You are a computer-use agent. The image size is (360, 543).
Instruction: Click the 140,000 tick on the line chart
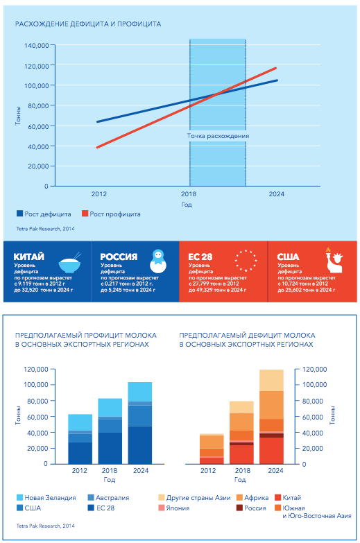(36, 45)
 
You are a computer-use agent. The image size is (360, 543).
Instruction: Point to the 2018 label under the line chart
(188, 194)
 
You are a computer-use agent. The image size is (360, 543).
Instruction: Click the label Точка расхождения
(218, 136)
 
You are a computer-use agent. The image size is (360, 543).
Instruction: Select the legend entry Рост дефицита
(44, 214)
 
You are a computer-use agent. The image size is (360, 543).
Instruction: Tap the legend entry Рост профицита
(111, 214)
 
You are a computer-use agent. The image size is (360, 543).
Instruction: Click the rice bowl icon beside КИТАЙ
(70, 263)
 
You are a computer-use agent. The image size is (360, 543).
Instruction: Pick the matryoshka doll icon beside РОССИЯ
(158, 261)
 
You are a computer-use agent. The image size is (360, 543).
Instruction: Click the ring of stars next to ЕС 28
(246, 260)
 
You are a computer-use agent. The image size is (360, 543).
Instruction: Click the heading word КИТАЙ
(28, 257)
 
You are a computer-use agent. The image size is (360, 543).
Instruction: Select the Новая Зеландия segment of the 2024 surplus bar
(140, 392)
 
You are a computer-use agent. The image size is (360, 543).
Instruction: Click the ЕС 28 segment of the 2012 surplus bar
(80, 453)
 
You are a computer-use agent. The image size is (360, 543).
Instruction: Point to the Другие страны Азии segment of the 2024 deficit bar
(271, 380)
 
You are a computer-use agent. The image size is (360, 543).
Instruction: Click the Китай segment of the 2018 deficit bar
(241, 454)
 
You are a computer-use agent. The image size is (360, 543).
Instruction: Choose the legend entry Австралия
(108, 498)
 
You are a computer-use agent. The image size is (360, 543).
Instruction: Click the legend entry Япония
(174, 508)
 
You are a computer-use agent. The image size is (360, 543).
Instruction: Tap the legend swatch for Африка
(239, 498)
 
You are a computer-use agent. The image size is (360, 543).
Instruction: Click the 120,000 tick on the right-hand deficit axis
(315, 370)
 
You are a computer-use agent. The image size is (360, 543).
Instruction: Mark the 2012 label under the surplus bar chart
(79, 471)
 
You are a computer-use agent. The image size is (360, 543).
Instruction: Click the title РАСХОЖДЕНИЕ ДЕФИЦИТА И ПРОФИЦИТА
(88, 24)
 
